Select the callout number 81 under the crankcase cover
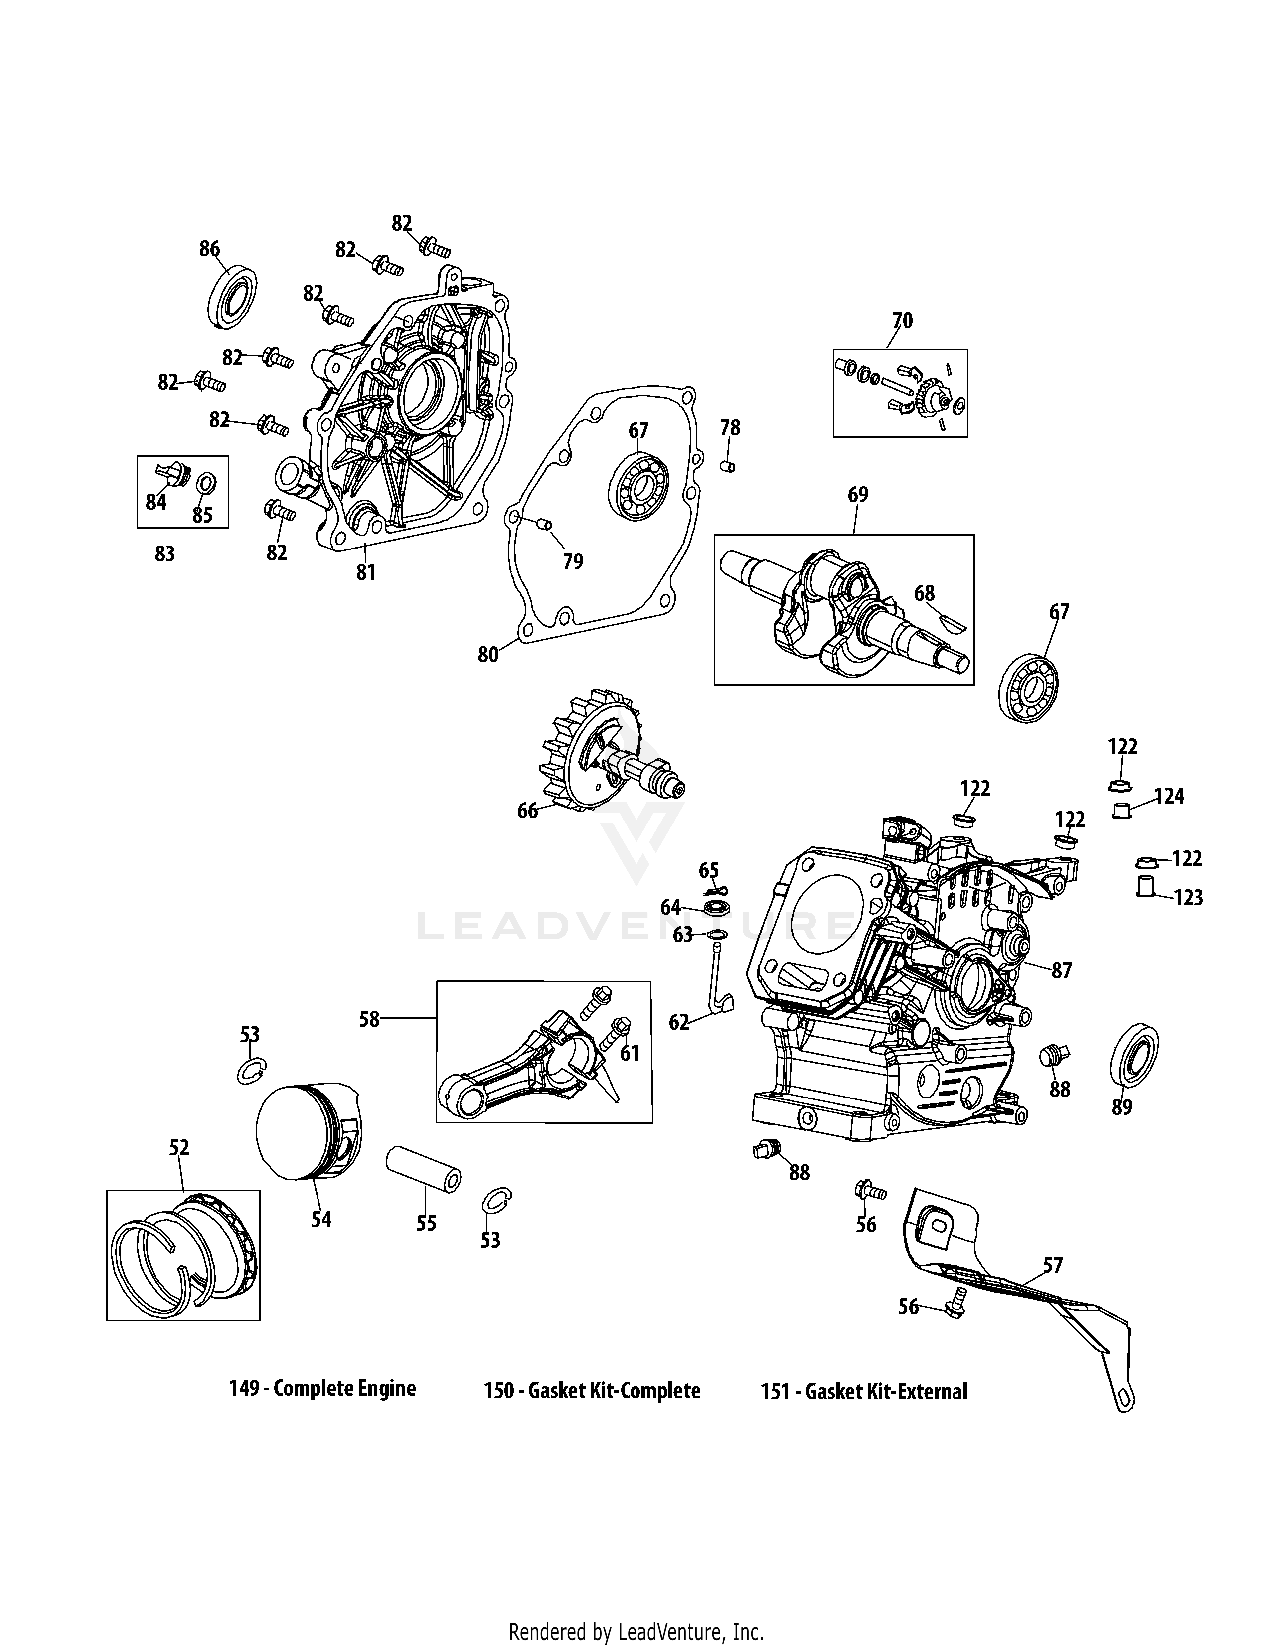(x=366, y=573)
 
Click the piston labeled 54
(x=308, y=1131)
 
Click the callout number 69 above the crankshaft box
(x=858, y=495)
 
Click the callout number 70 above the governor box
(x=902, y=321)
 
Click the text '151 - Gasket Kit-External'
(x=864, y=1391)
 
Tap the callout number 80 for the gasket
(x=488, y=655)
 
